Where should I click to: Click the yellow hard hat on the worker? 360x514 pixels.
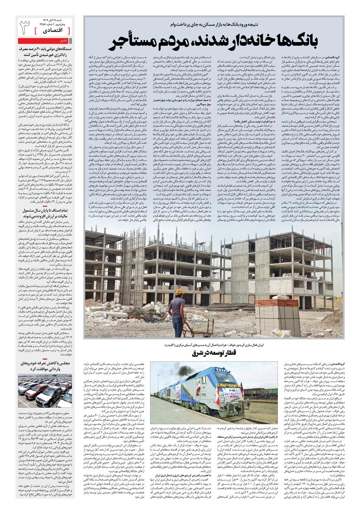pos(179,292)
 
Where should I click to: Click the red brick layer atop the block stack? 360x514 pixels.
pos(282,303)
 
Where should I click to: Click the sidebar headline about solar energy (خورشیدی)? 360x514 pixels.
pos(46,51)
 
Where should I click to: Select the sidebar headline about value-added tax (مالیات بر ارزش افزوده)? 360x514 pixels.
pos(46,213)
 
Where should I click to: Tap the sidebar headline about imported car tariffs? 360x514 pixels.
pos(46,366)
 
